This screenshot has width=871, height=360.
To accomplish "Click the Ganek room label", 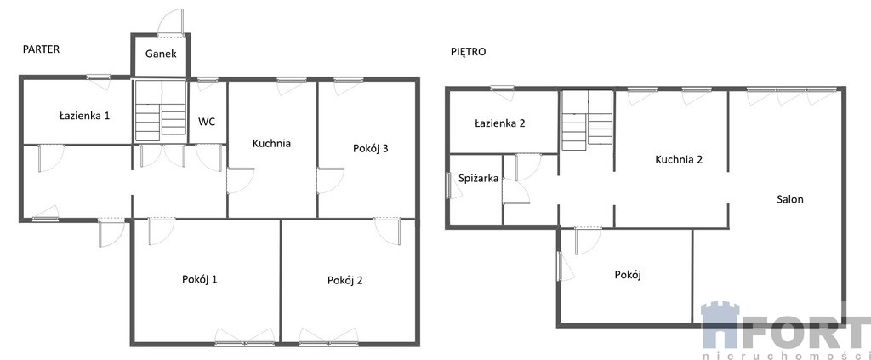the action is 161,54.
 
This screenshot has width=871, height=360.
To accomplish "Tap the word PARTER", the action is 41,49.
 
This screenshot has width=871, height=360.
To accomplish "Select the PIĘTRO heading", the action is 469,52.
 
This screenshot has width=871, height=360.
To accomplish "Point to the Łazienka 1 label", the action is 84,116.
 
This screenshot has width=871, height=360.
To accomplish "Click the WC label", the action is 207,122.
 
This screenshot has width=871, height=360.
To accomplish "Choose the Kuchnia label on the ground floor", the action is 271,143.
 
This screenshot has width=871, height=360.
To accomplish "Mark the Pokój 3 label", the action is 371,148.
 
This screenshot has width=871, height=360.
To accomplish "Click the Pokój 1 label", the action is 199,279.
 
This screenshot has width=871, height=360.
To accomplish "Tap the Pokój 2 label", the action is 345,281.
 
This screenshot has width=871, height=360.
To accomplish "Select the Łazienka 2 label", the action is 500,123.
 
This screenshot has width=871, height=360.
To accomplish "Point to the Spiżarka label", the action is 478,179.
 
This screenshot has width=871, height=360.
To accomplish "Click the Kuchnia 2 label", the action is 679,159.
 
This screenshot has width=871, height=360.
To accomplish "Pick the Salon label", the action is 790,199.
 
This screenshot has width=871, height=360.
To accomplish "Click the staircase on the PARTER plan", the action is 161,110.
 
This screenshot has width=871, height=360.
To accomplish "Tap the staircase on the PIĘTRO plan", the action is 587,121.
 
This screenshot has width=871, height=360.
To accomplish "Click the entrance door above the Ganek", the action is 171,24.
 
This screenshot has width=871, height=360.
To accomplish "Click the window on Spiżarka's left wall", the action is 448,186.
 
